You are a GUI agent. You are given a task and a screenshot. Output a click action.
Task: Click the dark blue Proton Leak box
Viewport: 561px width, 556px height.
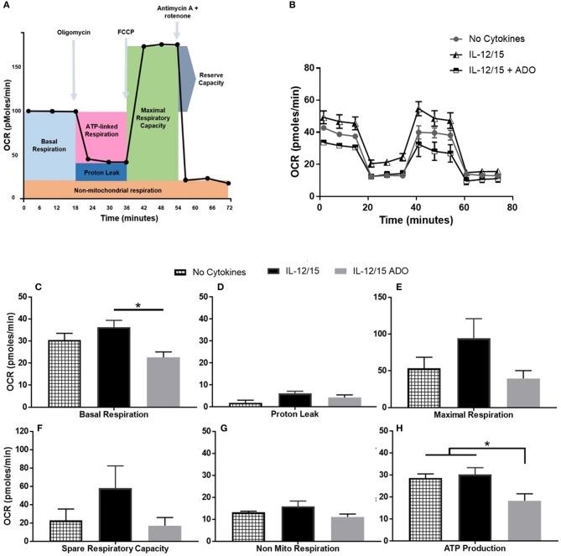pyautogui.click(x=101, y=171)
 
